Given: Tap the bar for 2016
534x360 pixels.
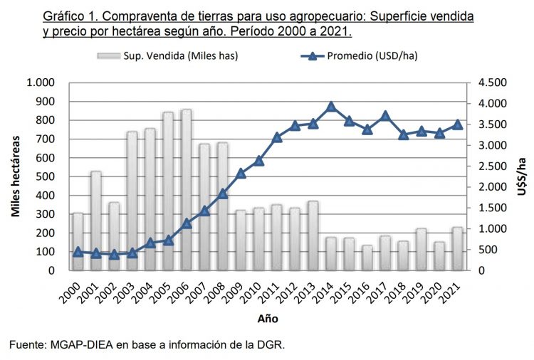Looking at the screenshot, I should [367, 258].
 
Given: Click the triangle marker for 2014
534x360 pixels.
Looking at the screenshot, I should [331, 107].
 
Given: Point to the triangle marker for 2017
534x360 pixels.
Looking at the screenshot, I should [385, 116].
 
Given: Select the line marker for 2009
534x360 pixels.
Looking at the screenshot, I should [241, 173].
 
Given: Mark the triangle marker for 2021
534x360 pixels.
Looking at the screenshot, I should [458, 125].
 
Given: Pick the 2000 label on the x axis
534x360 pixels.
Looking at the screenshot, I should [73, 291].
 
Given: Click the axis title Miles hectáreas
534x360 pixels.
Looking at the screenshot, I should [15, 176].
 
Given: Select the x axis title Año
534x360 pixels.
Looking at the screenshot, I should [268, 318].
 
